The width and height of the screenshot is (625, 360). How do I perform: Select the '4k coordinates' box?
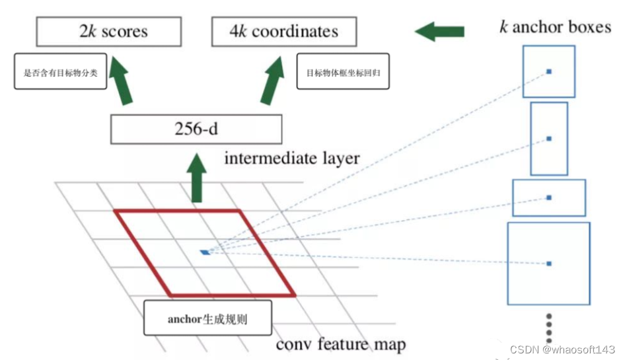tap(284, 32)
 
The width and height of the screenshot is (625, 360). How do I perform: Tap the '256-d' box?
tap(196, 129)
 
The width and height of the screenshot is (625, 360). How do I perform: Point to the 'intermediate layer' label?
tap(293, 159)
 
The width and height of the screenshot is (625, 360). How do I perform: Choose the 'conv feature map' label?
tap(340, 344)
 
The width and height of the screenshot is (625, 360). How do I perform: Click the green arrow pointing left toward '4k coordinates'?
tap(439, 30)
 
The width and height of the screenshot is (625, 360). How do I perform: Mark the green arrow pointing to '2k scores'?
tap(121, 80)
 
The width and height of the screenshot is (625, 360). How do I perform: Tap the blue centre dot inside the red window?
tap(205, 252)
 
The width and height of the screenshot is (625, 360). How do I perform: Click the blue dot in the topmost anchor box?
tap(549, 71)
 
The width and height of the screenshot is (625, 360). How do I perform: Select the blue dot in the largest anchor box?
tap(549, 264)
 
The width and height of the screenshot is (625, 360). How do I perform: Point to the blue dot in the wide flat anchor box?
tap(549, 198)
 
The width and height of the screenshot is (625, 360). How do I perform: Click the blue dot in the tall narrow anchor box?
tap(549, 139)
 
